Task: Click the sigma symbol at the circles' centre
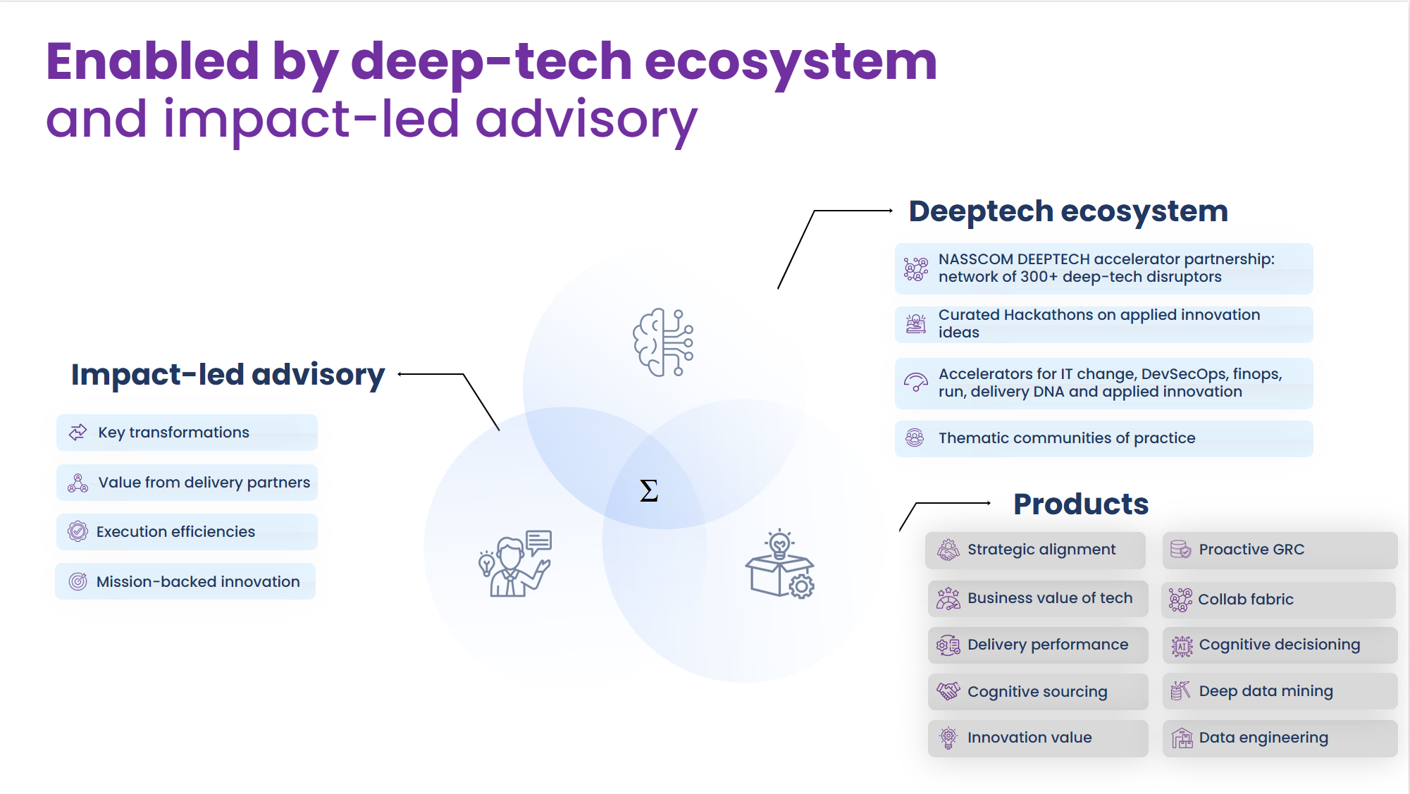(x=649, y=490)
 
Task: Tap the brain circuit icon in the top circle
(x=663, y=342)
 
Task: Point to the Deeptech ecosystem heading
(x=1068, y=211)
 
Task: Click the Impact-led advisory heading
(x=228, y=374)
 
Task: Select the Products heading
(x=1080, y=504)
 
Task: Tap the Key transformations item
(x=187, y=433)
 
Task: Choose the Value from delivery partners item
(x=187, y=483)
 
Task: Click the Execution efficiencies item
(x=187, y=532)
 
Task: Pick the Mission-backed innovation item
(x=185, y=582)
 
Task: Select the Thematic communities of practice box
(x=1103, y=438)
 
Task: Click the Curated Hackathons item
(x=1103, y=324)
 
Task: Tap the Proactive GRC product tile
(x=1279, y=550)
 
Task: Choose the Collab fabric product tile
(x=1278, y=600)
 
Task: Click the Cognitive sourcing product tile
(x=1037, y=692)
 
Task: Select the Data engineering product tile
(x=1279, y=738)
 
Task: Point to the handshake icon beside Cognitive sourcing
(x=948, y=691)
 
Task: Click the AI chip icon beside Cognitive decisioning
(x=1182, y=645)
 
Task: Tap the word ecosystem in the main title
(x=791, y=62)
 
